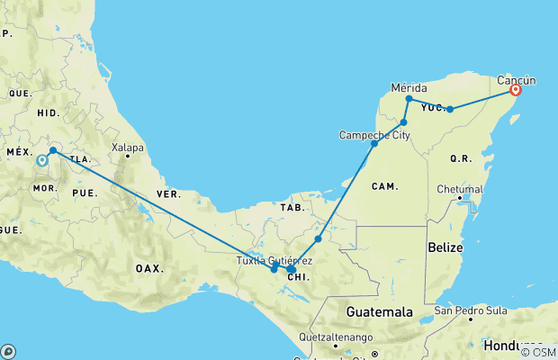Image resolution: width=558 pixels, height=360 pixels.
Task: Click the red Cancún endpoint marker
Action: pos(516,90)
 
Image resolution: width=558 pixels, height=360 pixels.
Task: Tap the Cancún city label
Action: pos(517,78)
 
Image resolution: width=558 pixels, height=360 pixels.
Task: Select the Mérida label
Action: pos(409,87)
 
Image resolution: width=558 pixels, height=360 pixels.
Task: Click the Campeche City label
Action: pos(374,135)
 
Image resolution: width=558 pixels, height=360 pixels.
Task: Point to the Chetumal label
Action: pos(460,189)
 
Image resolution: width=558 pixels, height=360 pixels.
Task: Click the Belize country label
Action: pos(446,247)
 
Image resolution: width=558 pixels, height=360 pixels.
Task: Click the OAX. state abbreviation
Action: pos(149,268)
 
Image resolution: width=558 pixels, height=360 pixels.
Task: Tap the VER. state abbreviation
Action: pos(168,193)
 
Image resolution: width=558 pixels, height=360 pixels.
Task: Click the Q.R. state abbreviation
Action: pos(461,158)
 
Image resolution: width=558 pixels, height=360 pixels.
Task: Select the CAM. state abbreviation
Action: pos(384,186)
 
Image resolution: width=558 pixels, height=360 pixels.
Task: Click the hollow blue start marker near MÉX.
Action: pos(41,162)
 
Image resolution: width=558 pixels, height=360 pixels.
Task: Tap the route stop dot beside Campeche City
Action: pos(374,144)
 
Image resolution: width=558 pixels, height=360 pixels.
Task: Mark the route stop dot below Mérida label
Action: pos(409,99)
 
